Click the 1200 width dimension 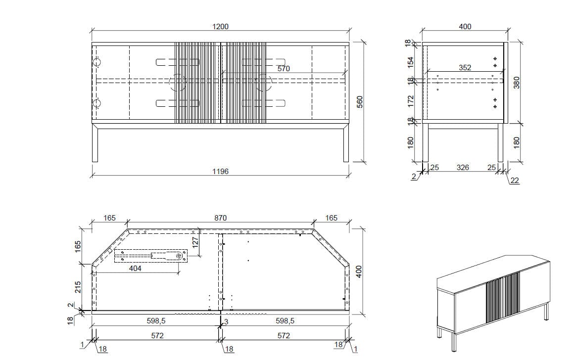pos(220,26)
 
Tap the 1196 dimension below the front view pos(220,171)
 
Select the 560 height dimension pos(359,102)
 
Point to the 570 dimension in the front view pos(284,68)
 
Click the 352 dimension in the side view pos(465,67)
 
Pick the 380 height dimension pos(516,83)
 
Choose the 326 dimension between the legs pos(463,167)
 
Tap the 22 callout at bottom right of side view pos(514,180)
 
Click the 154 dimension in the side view pos(410,62)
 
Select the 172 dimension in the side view pos(410,101)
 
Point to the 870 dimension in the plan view pos(220,218)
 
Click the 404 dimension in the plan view pos(135,268)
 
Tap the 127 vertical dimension pos(195,242)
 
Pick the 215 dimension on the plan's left pos(78,287)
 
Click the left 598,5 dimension pos(156,320)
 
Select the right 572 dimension pos(284,335)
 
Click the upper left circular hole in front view pos(97,62)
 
